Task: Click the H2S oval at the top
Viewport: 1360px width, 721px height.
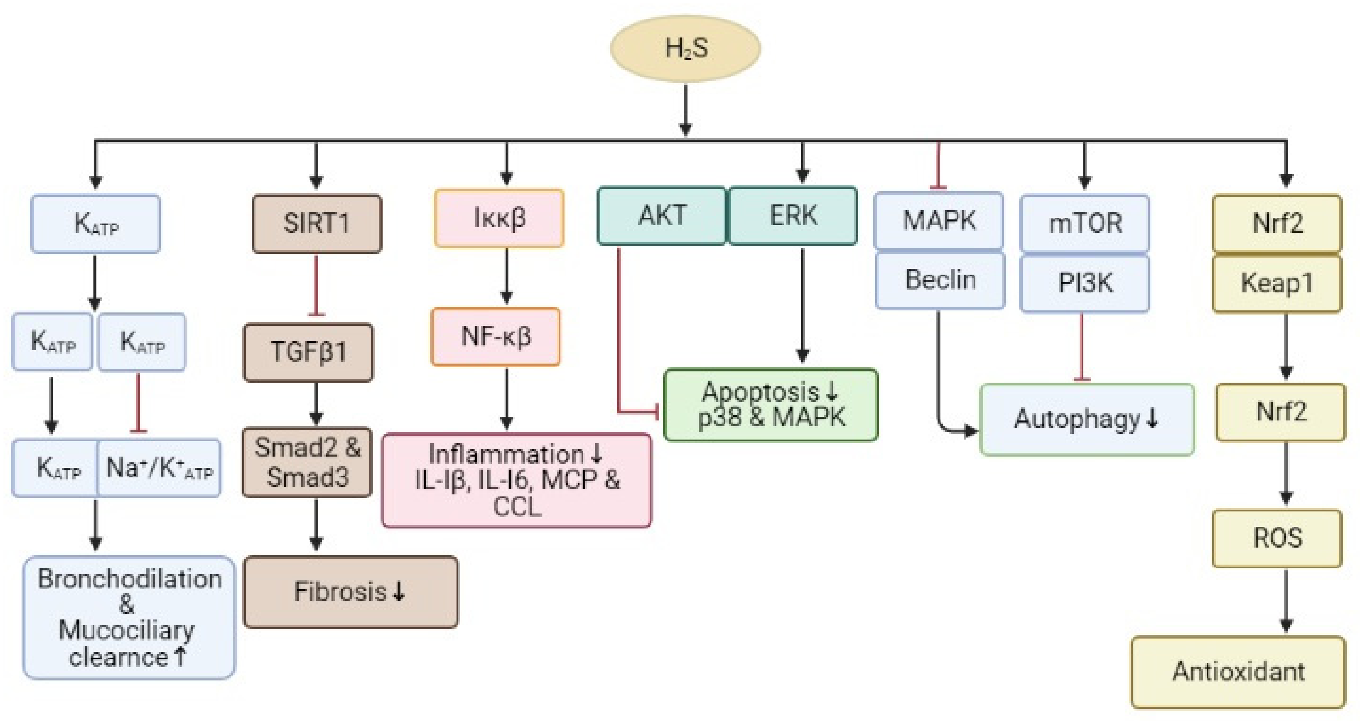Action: pos(685,49)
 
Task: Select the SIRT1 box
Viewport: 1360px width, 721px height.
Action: pos(317,223)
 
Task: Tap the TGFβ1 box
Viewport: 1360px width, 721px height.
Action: pos(308,352)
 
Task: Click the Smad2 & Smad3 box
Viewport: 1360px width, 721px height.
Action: pos(307,462)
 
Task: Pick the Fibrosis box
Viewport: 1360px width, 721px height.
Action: pos(351,592)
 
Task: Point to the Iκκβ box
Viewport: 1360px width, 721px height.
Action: pos(499,218)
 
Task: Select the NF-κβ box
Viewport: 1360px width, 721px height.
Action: pos(496,336)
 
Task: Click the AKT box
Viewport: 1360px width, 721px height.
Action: pos(662,215)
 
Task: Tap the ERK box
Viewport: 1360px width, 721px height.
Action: pos(793,215)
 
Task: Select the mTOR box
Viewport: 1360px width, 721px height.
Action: pos(1085,223)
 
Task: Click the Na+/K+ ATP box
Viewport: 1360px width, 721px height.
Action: pos(159,468)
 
